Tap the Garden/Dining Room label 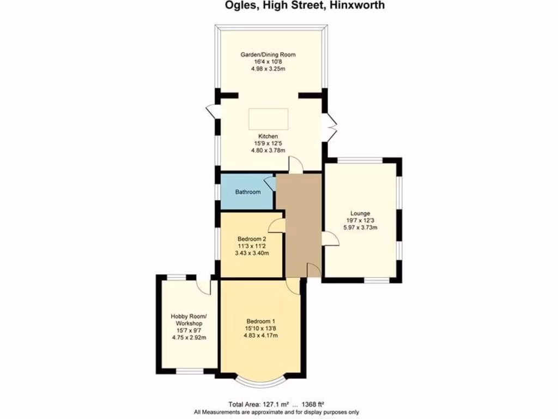[x=268, y=55]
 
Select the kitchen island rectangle [x=268, y=118]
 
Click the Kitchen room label [x=268, y=136]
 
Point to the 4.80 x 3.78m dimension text [x=268, y=150]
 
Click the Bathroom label [x=247, y=192]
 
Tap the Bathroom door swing [x=270, y=183]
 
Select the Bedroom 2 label [x=252, y=239]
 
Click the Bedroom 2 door [x=277, y=224]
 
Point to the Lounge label [x=360, y=213]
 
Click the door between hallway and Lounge [x=329, y=238]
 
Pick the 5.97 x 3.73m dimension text [x=360, y=228]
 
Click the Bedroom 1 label [x=260, y=321]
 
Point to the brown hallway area [x=299, y=224]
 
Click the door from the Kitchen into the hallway [x=295, y=165]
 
